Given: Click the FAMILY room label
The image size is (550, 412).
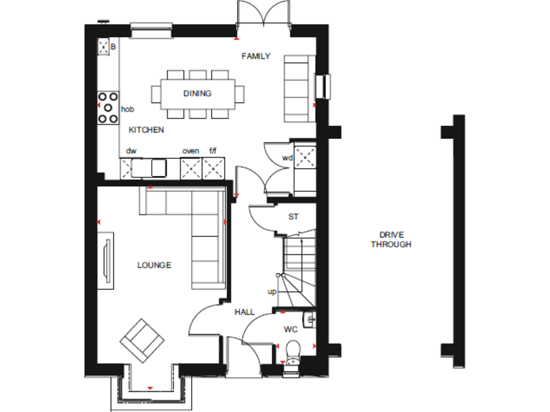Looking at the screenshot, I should point(256,56).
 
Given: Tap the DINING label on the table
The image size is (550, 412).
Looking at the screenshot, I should point(197,94).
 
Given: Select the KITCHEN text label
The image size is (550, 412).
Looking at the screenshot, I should point(146,130).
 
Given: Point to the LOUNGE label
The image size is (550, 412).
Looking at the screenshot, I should point(154,265).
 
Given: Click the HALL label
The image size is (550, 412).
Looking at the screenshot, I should point(244,312).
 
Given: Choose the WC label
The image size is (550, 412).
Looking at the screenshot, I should point(290,330).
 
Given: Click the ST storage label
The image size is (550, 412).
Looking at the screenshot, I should point(293,216).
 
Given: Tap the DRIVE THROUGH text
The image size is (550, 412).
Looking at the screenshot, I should point(391,240).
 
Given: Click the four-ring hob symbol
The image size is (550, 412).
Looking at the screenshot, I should point(108,108).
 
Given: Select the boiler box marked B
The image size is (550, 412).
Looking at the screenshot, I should point(107,47).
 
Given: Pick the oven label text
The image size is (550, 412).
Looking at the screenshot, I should point(190,151).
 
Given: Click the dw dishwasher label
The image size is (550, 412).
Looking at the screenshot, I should point(131,151).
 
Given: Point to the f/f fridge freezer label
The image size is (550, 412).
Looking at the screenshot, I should point(213,151).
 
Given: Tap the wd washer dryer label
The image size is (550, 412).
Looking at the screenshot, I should point(287,157).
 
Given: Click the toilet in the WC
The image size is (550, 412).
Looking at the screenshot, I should point(291,351).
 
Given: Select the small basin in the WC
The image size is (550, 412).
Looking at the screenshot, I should point(309,320).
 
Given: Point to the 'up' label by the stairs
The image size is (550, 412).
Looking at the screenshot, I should point(272,292).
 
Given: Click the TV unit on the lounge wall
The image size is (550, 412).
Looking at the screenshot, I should point(107,261).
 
